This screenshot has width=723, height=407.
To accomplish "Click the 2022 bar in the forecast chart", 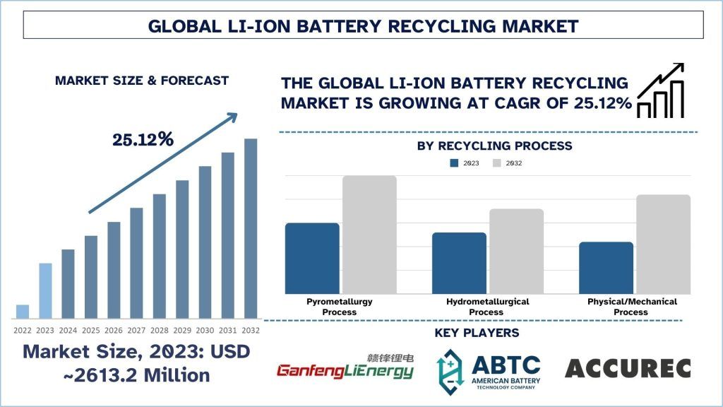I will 23,311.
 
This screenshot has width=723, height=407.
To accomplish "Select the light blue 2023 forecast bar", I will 45,290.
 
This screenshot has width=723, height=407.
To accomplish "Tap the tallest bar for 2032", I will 251,228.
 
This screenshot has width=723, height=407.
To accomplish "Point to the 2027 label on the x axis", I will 136,330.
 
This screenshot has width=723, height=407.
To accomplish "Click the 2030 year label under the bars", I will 205,330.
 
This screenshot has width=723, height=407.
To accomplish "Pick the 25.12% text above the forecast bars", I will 143,139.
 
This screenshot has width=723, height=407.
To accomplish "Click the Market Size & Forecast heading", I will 142,81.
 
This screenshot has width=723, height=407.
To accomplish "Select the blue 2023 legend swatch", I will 455,163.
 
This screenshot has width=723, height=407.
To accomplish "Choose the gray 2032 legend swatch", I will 497,163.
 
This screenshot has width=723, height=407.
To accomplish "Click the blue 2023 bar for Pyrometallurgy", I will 312,258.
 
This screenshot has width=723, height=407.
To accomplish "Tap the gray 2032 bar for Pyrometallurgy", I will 369,235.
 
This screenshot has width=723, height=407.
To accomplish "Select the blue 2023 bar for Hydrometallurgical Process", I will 459,263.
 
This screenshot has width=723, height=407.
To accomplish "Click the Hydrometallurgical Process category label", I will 487,307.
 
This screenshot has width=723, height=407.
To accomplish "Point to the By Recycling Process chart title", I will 494,146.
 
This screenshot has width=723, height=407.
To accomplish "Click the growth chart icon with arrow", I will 660,90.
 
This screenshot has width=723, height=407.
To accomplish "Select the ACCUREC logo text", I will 628,368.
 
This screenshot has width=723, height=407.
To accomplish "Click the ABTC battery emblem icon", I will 450,369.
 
